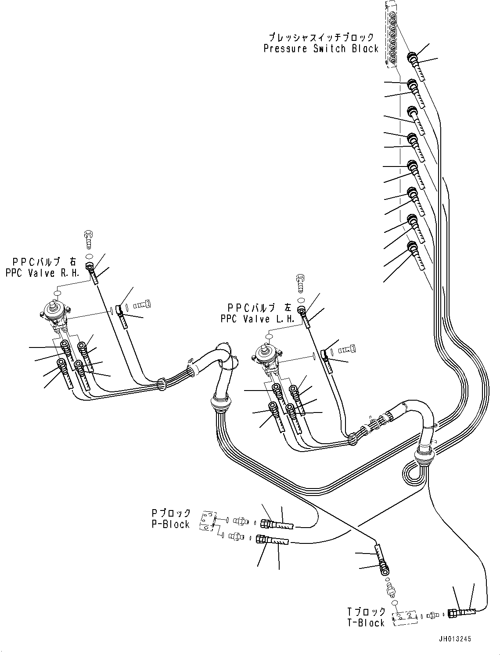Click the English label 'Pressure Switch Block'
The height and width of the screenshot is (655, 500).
[321, 48]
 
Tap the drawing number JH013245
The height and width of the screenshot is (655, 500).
[455, 639]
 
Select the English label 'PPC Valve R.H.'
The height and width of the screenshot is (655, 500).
[43, 273]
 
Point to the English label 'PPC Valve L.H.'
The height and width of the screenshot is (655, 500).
[258, 319]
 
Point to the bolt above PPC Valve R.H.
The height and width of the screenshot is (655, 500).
[89, 239]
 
